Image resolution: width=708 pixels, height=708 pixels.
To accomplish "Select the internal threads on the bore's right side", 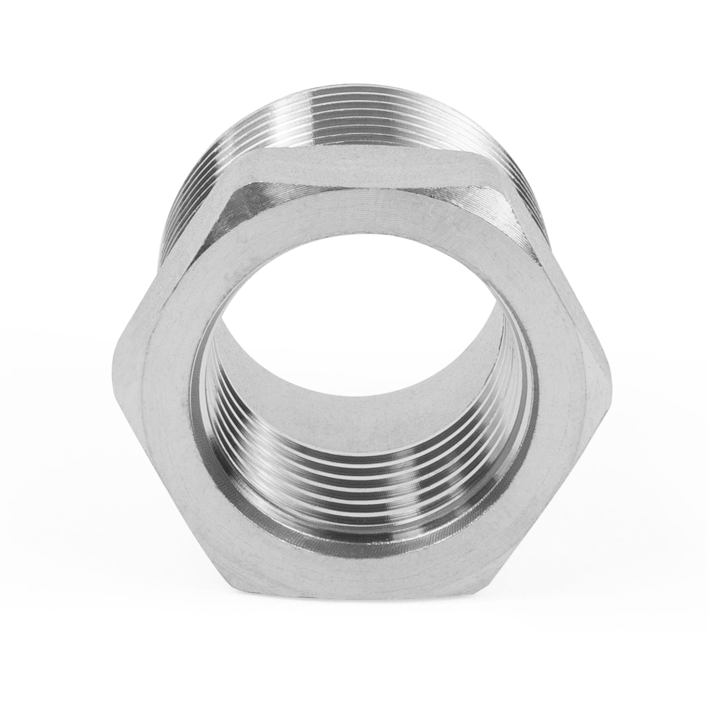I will click(509, 420).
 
